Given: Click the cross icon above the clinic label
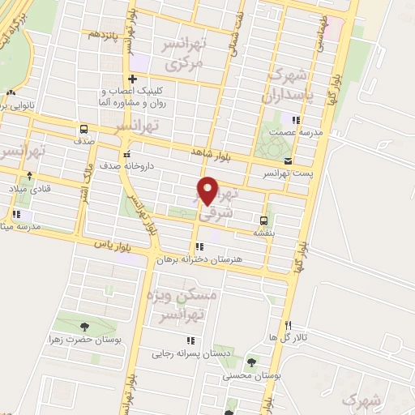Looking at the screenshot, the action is (x=131, y=79).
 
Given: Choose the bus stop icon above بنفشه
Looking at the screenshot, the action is (x=263, y=219).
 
